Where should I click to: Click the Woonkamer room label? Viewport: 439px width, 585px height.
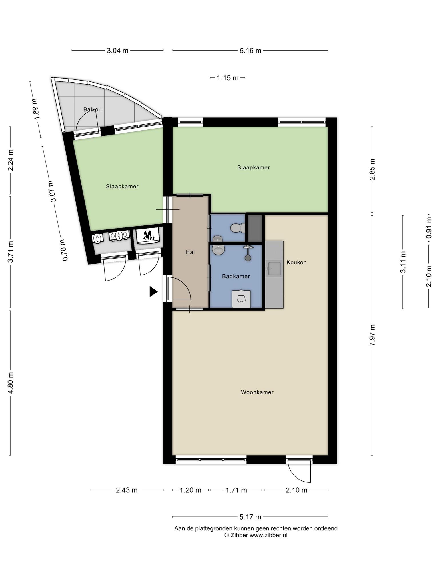(x=257, y=392)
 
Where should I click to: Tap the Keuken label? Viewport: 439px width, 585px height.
(x=296, y=262)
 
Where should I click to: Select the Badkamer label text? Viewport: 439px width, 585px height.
(x=236, y=276)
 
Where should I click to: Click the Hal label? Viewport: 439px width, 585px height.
(x=190, y=252)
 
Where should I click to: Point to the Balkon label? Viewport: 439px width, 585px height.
(x=92, y=109)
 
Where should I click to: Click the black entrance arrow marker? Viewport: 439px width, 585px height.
(x=153, y=292)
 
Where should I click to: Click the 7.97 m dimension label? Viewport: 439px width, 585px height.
(x=372, y=335)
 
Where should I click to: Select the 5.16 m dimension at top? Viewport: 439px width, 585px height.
(x=250, y=51)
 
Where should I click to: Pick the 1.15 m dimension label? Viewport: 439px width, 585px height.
(x=228, y=78)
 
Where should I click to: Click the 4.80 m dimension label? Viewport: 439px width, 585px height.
(x=11, y=383)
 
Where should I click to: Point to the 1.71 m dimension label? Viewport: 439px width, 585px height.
(x=236, y=490)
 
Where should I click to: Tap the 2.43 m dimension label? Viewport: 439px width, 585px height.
(x=127, y=490)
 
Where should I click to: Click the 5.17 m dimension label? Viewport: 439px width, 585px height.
(x=250, y=517)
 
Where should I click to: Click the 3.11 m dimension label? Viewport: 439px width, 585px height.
(x=403, y=262)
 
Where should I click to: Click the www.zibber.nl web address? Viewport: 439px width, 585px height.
(x=268, y=535)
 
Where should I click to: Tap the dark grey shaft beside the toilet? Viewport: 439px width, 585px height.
(x=255, y=228)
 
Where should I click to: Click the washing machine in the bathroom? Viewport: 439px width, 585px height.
(x=241, y=299)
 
